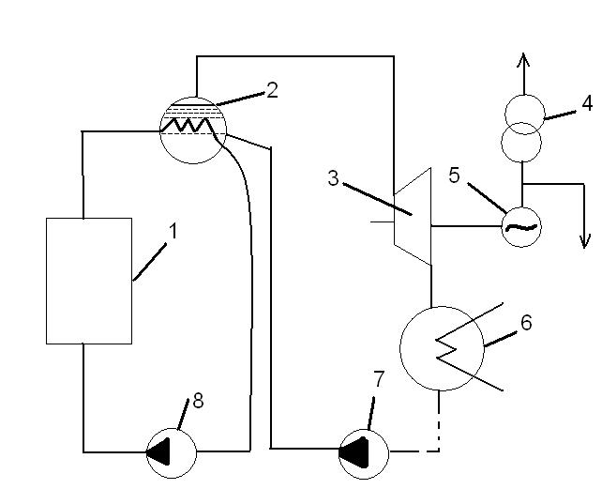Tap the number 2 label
click(x=272, y=90)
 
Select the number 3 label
click(x=333, y=177)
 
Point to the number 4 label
click(x=586, y=101)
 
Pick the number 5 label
click(x=454, y=176)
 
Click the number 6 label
click(x=526, y=322)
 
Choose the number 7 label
click(x=379, y=379)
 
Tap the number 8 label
click(x=198, y=401)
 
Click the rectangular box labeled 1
click(x=89, y=280)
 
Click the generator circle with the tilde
click(x=520, y=226)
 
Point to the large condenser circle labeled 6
click(x=441, y=346)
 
